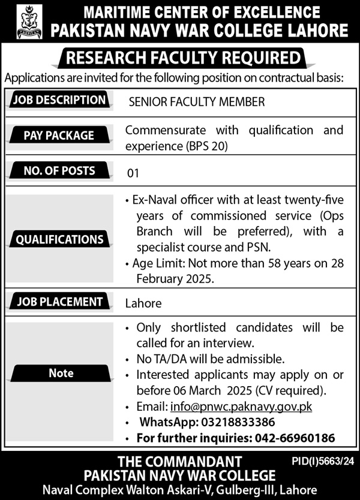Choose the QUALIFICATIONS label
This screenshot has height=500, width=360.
point(59,240)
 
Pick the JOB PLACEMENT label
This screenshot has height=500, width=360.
point(59,302)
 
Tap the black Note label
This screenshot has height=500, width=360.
point(61,373)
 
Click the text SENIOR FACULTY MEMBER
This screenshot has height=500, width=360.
point(197,102)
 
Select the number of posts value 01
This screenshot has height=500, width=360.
point(133,174)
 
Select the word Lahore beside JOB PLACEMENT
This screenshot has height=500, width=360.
point(143,303)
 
